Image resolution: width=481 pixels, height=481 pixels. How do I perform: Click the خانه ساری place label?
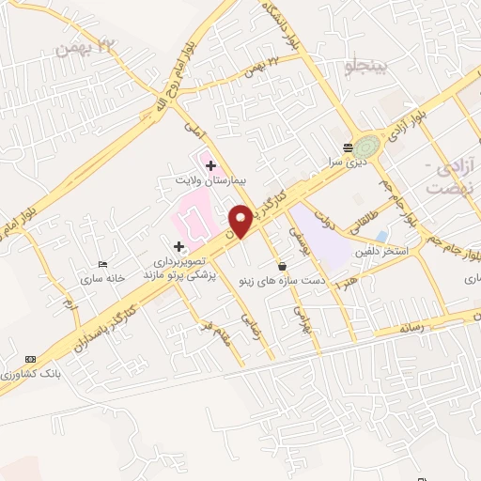coord(103,279)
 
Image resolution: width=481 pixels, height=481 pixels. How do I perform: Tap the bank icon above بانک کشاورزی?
coord(32,359)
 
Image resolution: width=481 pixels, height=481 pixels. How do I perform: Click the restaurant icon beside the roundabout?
coord(349,147)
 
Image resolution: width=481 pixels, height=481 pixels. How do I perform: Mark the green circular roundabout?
coord(368,146)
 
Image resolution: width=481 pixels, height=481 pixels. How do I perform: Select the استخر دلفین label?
coord(381,251)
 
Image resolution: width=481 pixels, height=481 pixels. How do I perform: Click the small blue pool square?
coord(380,235)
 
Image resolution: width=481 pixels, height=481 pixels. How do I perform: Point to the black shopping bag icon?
coord(282,266)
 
